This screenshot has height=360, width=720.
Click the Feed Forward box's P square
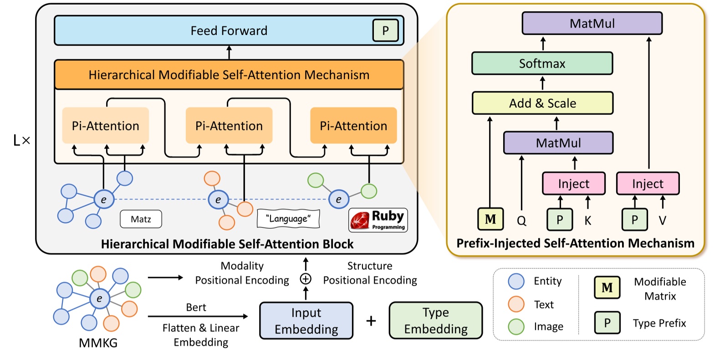pyautogui.click(x=385, y=31)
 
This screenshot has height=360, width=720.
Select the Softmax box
pyautogui.click(x=542, y=63)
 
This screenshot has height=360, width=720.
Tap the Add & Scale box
pyautogui.click(x=542, y=103)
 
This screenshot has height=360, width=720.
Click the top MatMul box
pyautogui.click(x=592, y=24)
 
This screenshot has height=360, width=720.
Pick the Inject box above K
pyautogui.click(x=573, y=184)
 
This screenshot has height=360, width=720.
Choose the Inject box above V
pyautogui.click(x=647, y=184)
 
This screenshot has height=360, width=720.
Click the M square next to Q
pyautogui.click(x=490, y=219)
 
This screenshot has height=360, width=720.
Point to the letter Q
pyautogui.click(x=521, y=221)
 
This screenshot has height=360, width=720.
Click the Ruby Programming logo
pyautogui.click(x=378, y=220)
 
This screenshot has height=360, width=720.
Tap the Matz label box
pyautogui.click(x=141, y=219)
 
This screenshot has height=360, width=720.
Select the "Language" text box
pyautogui.click(x=288, y=219)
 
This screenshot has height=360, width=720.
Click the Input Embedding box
pyautogui.click(x=306, y=321)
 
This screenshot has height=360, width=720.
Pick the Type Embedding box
pyautogui.click(x=435, y=320)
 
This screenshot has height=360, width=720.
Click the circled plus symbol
pyautogui.click(x=306, y=279)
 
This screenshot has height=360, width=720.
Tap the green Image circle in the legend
pyautogui.click(x=516, y=326)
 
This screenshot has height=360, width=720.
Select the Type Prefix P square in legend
pyautogui.click(x=607, y=323)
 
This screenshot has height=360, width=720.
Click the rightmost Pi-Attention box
pyautogui.click(x=353, y=126)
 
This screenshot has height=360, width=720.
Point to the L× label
pyautogui.click(x=21, y=140)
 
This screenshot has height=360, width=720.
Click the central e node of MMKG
pyautogui.click(x=99, y=299)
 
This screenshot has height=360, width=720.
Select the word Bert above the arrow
pyautogui.click(x=196, y=307)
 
